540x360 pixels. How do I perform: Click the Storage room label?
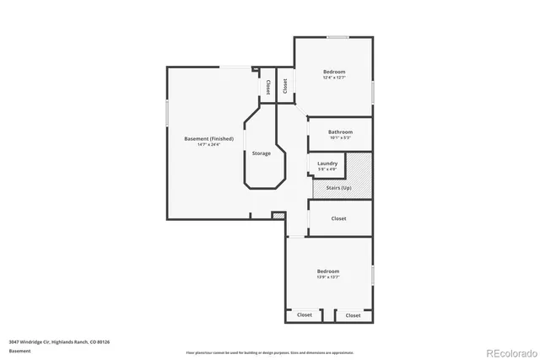(262, 153)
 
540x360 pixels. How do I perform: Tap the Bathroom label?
(340, 132)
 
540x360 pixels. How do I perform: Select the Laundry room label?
(327, 164)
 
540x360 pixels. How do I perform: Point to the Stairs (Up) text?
(338, 187)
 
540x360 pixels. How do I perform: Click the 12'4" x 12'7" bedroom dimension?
(334, 78)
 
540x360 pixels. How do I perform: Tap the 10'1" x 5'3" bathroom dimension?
(340, 138)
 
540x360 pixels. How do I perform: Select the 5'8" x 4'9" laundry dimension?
(327, 169)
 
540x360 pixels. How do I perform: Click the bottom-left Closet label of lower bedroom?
(305, 314)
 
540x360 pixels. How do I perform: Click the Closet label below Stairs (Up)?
(338, 218)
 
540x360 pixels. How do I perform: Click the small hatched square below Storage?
(278, 217)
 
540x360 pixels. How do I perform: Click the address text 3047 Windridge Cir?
(59, 341)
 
